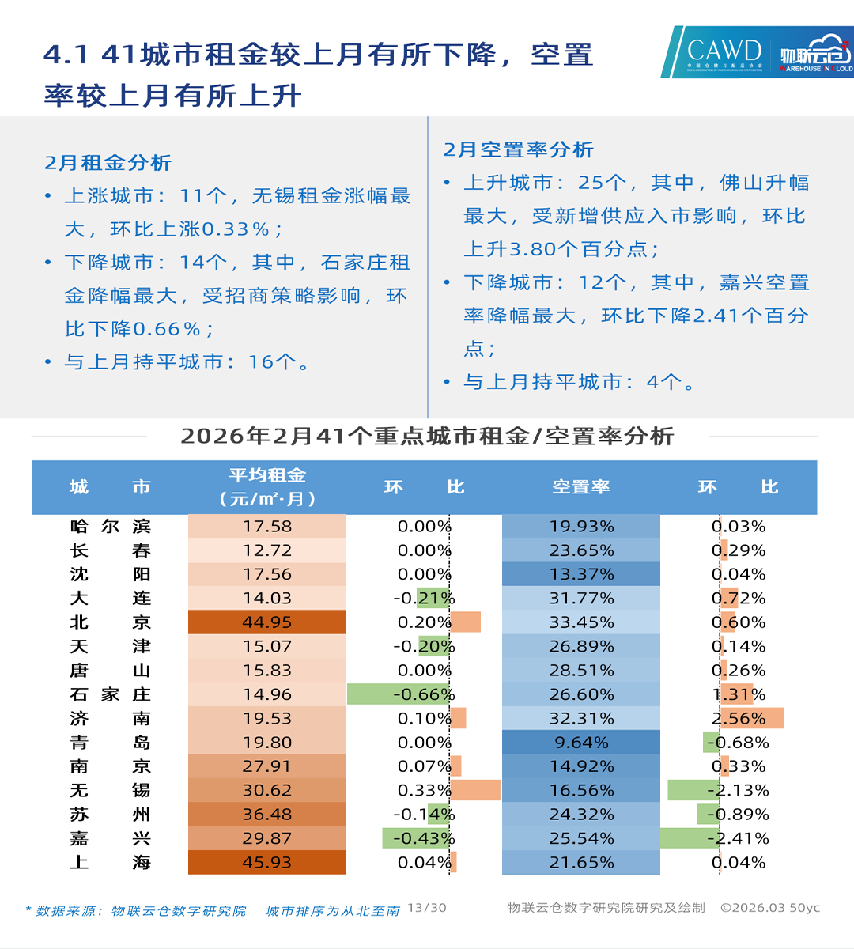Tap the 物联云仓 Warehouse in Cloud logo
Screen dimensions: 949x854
814,53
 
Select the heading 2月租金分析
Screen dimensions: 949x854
108,163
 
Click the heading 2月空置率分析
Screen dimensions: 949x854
519,149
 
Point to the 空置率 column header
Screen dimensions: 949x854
581,487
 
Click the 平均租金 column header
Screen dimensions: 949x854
267,487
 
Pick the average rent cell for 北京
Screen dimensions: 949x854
267,622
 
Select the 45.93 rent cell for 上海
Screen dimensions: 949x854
267,862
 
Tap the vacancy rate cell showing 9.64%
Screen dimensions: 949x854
581,743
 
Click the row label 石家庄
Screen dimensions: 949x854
110,694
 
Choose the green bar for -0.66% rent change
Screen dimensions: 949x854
399,694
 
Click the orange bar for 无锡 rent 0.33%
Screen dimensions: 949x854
476,790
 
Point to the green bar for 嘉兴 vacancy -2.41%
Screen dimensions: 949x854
690,838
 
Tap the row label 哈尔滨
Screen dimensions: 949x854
110,527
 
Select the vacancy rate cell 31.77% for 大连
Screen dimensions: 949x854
581,599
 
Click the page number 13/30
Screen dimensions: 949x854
427,908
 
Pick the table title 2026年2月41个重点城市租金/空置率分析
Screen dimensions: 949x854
427,437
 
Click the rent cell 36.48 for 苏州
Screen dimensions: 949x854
267,815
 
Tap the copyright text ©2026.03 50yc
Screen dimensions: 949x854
770,908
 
